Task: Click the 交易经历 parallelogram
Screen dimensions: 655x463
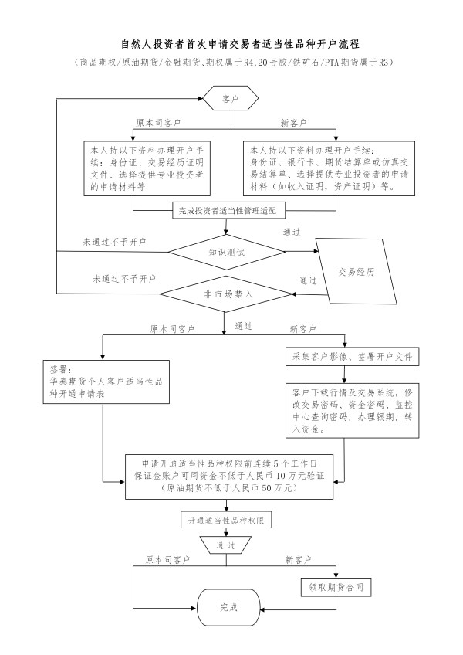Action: click(x=357, y=272)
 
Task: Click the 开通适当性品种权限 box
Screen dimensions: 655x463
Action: click(x=226, y=521)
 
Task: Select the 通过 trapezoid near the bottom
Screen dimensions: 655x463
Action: click(x=226, y=545)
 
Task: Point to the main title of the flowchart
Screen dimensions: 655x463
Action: click(x=231, y=45)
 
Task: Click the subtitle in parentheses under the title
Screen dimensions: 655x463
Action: click(x=231, y=63)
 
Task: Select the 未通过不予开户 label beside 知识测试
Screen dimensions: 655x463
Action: click(x=114, y=242)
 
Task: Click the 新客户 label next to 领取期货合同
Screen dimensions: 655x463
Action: click(x=298, y=559)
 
